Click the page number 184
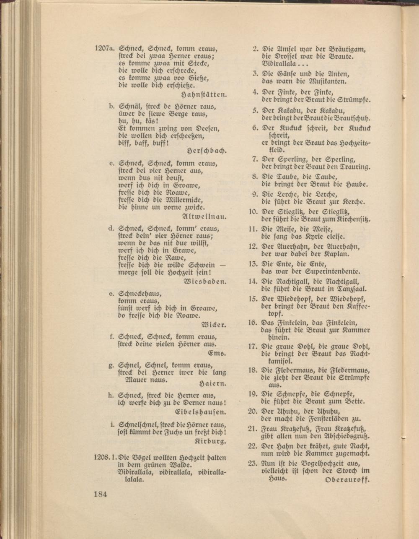click(x=100, y=494)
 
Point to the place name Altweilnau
click(x=205, y=217)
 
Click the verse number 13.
click(x=252, y=264)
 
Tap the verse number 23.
click(x=252, y=463)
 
